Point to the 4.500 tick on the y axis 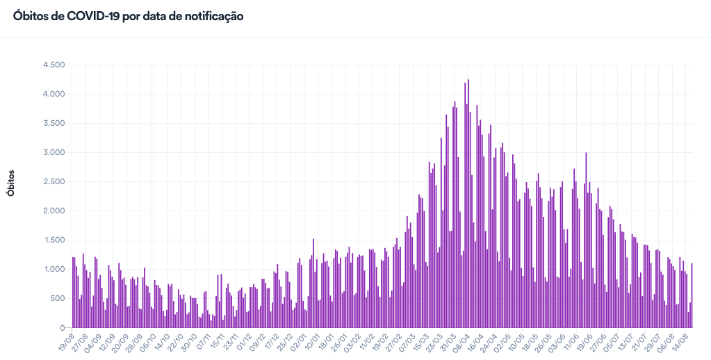click(54, 65)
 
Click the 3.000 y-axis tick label click(54, 152)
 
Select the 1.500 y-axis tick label click(54, 240)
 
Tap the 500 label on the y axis click(57, 298)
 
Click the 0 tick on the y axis click(62, 327)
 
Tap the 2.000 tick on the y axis click(54, 211)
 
